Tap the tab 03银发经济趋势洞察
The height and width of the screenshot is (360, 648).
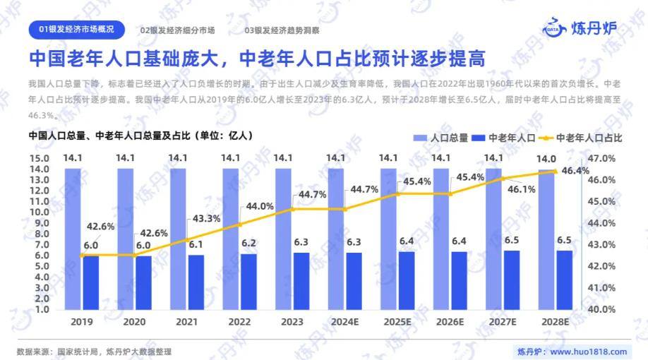coord(282,30)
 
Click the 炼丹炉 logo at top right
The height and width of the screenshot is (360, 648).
coord(580,28)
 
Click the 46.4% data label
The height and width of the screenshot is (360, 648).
coord(576,170)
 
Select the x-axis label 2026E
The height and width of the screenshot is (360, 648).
coord(450,321)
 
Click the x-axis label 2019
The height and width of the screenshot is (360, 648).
coord(82,321)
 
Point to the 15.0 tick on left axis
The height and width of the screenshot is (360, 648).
coord(39,158)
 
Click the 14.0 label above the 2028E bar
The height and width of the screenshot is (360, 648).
coord(546,158)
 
